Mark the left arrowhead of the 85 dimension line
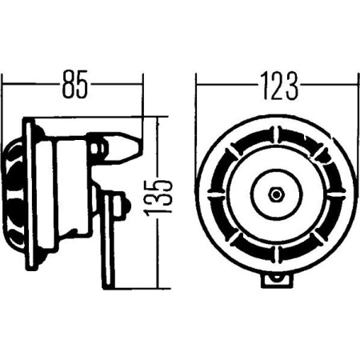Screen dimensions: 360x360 tap(6, 82)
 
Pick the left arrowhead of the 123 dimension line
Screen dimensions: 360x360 tap(200, 82)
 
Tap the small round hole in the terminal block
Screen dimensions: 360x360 tap(101, 149)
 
